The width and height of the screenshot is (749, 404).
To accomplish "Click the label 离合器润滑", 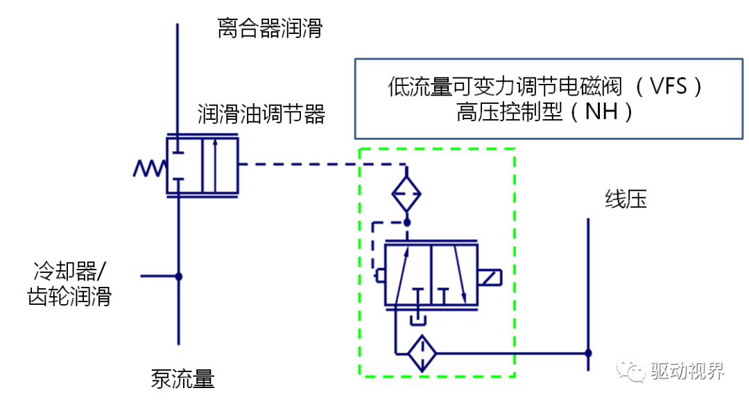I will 270,29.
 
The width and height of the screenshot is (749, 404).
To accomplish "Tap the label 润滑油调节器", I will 261,114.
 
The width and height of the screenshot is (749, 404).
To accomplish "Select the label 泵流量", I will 182,378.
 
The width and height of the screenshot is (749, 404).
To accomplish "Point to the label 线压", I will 626,200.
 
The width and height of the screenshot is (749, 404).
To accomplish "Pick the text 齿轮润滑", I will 69,297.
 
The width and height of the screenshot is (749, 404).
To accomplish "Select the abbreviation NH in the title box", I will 601,112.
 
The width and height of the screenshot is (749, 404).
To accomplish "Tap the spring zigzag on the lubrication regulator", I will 149,167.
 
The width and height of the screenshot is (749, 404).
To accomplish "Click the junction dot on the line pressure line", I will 588,353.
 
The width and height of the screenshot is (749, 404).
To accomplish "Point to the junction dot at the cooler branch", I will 178,276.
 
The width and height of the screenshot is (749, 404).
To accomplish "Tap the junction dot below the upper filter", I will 407,222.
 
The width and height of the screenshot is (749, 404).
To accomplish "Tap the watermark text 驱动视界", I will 687,371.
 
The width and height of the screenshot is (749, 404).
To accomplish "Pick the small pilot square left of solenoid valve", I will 379,276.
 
